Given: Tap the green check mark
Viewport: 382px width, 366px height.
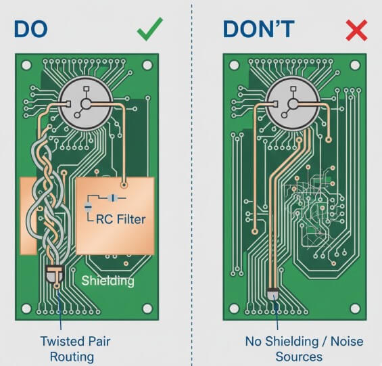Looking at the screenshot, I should pyautogui.click(x=149, y=30).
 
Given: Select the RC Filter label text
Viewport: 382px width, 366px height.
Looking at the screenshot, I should pyautogui.click(x=120, y=219).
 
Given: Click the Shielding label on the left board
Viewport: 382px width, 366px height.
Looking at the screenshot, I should pyautogui.click(x=108, y=280).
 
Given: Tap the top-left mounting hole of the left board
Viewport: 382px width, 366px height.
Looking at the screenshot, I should pyautogui.click(x=27, y=66).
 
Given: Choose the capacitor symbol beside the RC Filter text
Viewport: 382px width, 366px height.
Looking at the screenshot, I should pyautogui.click(x=89, y=206).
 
